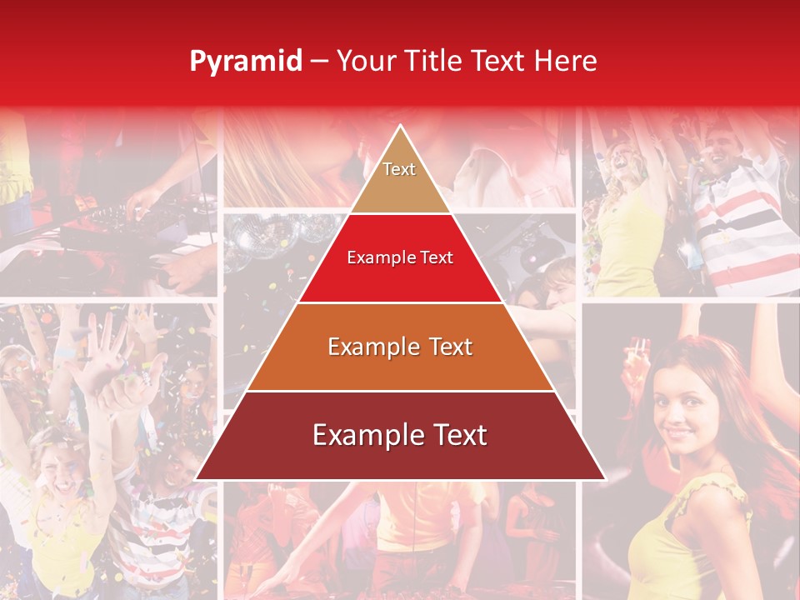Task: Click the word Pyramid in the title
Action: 245,62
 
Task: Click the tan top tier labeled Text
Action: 400,179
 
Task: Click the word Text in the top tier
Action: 399,169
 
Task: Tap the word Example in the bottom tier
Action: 364,435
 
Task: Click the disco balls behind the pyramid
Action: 267,237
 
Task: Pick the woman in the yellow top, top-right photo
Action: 629,225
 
